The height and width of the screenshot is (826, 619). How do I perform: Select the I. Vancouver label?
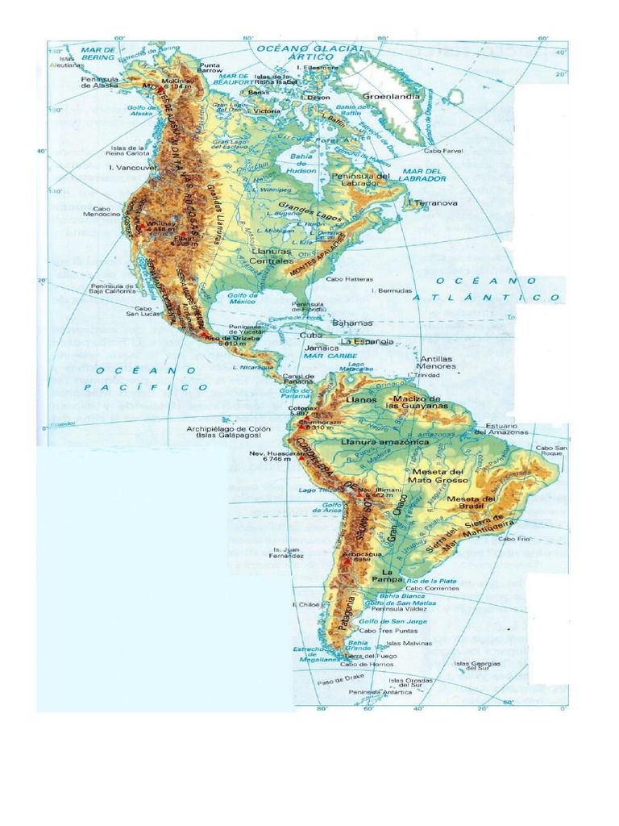click(x=132, y=167)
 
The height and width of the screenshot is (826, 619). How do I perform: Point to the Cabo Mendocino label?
click(x=102, y=211)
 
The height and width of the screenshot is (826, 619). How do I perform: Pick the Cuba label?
click(x=311, y=334)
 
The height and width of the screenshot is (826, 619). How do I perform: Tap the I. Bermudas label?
click(x=392, y=290)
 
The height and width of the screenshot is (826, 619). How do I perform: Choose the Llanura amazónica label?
click(x=375, y=443)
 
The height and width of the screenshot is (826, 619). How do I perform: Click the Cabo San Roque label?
click(x=552, y=451)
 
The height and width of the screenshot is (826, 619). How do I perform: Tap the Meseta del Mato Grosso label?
click(x=439, y=476)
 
